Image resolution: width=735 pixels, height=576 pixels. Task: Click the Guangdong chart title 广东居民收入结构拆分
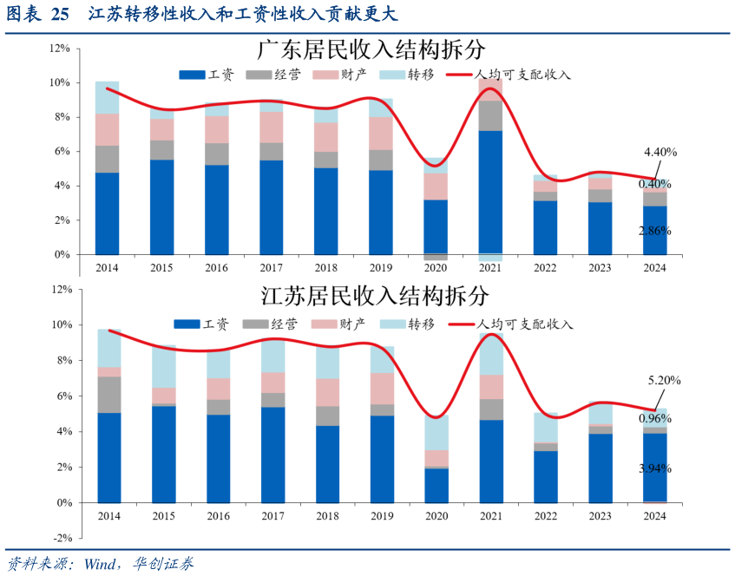click(371, 49)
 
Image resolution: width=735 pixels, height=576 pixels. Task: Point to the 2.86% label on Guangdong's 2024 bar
click(654, 231)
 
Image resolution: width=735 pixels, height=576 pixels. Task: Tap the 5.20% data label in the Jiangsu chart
click(664, 380)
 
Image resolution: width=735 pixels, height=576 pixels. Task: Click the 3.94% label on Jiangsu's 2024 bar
click(654, 468)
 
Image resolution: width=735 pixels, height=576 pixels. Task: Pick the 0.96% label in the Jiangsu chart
click(654, 418)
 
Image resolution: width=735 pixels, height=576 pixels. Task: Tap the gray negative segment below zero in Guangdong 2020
click(436, 258)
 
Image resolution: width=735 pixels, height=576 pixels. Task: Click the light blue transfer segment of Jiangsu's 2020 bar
click(436, 432)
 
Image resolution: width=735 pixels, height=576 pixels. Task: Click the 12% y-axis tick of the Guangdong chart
click(60, 49)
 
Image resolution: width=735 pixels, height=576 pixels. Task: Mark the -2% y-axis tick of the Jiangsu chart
click(60, 538)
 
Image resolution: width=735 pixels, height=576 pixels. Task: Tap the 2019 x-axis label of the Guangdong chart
click(381, 268)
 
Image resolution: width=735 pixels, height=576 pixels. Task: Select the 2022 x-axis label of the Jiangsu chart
click(545, 516)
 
